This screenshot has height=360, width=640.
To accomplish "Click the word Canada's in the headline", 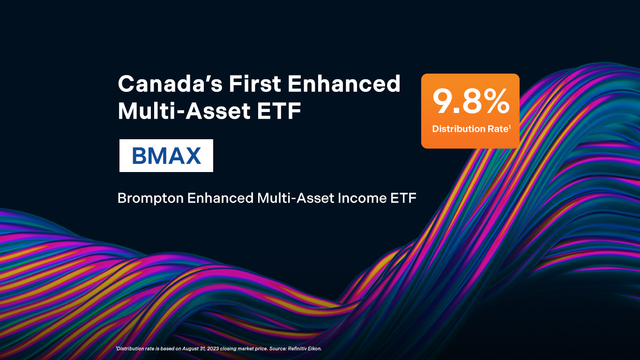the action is point(170,83).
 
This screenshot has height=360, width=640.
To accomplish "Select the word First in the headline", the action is point(255,83).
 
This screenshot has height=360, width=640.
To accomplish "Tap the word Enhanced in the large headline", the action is point(344,83).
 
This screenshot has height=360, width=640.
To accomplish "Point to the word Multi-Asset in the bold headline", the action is point(184,111).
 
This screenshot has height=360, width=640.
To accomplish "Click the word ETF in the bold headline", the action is point(279,111).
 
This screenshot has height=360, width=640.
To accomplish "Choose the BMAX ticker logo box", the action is point(166,156).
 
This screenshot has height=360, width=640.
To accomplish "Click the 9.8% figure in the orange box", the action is point(471,102).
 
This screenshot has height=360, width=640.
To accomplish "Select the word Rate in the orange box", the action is point(498,129).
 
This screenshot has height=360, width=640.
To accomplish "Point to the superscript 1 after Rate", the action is point(510,127).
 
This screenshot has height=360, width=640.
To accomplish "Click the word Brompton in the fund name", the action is point(150,198).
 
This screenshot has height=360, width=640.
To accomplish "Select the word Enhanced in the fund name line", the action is point(220,198).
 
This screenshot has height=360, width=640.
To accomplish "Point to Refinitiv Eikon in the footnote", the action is point(305,349).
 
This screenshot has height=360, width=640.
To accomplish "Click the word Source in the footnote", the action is point(278,349).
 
